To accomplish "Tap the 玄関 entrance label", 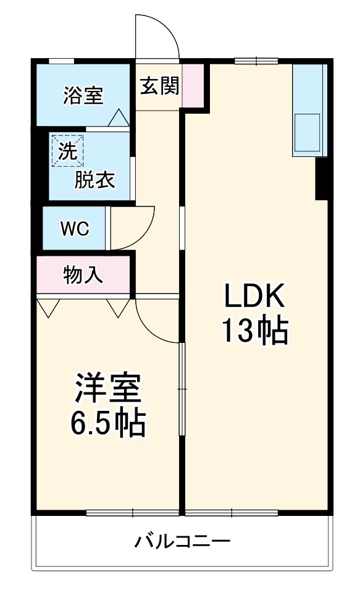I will (158, 86).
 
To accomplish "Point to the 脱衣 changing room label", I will (95, 180).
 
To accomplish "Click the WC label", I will (75, 228).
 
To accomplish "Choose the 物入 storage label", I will (83, 275).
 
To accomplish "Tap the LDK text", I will (254, 297).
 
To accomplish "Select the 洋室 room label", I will (107, 388).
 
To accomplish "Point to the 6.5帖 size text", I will (107, 424).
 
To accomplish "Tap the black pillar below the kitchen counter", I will (322, 178).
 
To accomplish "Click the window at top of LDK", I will (256, 60).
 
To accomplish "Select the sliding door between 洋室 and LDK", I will (182, 389).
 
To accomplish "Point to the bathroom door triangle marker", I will (118, 117).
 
